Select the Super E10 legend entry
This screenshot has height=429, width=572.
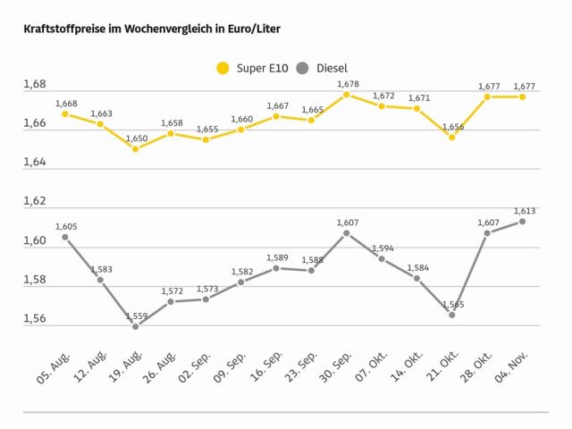254,67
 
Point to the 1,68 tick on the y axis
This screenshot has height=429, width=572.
34,85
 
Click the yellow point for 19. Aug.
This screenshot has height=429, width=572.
135,149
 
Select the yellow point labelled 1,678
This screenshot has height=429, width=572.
346,94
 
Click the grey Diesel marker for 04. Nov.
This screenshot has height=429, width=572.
522,222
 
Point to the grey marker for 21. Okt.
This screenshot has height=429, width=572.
451,315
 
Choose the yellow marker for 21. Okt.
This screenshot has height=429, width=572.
451,138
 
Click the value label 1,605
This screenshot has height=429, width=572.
66,227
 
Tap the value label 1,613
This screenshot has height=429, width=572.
524,211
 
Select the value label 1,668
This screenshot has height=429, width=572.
66,104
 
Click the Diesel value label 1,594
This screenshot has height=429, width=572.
383,248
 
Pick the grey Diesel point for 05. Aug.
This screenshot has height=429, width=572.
65,237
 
